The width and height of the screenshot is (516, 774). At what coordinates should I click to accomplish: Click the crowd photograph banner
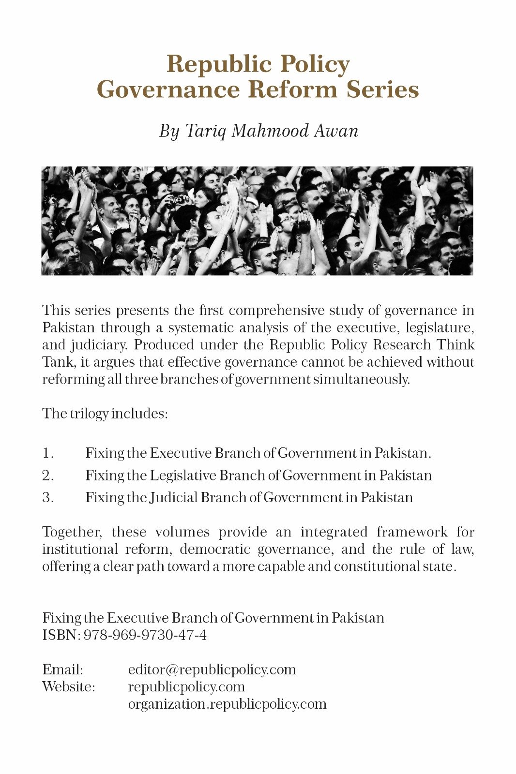[257, 221]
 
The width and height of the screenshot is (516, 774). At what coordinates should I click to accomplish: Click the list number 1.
[47, 454]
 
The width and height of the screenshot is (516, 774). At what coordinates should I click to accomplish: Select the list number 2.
[47, 476]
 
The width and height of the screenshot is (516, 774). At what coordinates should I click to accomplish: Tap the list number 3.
[47, 498]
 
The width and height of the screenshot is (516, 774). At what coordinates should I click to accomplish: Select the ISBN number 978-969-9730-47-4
[145, 635]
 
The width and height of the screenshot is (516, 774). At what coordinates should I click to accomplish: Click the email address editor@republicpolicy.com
[212, 670]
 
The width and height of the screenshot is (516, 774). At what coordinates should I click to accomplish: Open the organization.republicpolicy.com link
[227, 704]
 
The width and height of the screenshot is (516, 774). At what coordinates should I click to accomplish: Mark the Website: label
[68, 687]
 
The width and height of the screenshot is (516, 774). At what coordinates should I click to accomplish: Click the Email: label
[62, 670]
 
